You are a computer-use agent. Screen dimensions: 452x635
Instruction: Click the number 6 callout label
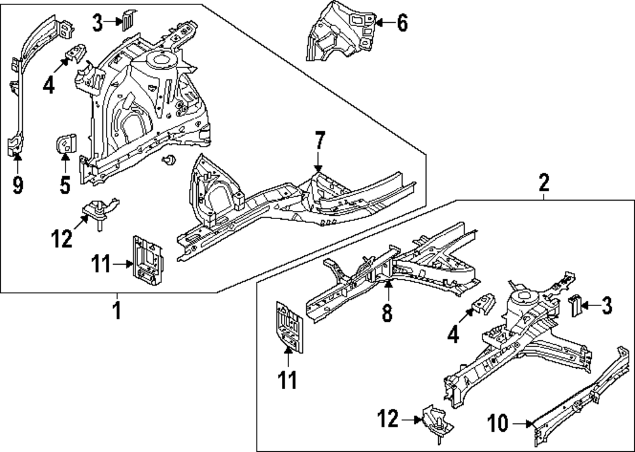[x=401, y=23]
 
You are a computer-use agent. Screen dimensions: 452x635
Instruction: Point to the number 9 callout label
[x=18, y=185]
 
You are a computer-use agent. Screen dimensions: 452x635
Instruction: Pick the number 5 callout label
[x=65, y=185]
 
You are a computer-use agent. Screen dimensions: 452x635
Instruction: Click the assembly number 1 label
[x=116, y=311]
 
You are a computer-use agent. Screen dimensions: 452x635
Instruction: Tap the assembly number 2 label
[x=544, y=183]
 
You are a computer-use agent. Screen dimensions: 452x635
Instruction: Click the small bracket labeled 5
[x=65, y=144]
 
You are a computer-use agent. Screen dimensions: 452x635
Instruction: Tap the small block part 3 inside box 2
[x=575, y=305]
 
